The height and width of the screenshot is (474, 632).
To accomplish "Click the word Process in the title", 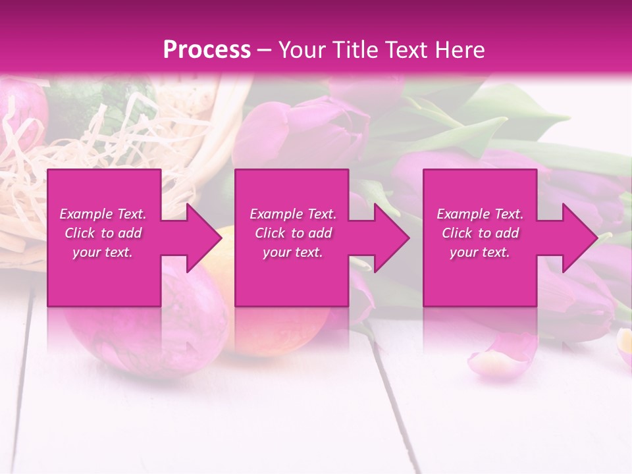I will pyautogui.click(x=207, y=50).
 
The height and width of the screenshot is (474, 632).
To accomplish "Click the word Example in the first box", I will pyautogui.click(x=86, y=214).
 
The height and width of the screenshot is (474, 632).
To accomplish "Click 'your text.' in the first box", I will pyautogui.click(x=103, y=252).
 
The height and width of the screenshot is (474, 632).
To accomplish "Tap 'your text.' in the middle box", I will pyautogui.click(x=293, y=252).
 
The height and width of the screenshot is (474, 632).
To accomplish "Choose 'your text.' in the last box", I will pyautogui.click(x=480, y=252).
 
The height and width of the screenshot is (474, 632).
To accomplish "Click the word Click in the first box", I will pyautogui.click(x=80, y=233).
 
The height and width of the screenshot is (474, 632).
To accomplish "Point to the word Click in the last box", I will pyautogui.click(x=457, y=233).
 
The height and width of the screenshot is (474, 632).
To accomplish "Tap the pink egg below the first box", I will pyautogui.click(x=151, y=336).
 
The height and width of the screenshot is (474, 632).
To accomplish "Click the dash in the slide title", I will pyautogui.click(x=264, y=50).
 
